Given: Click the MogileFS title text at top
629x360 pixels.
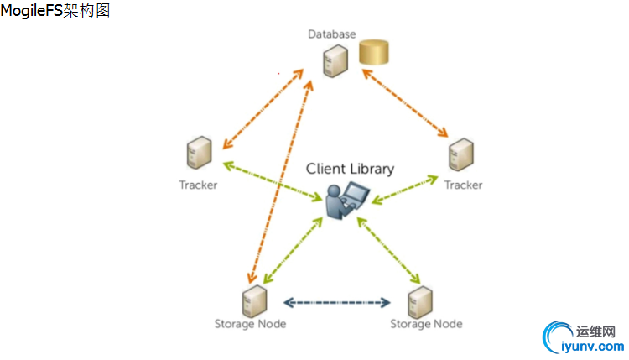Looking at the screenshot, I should [x=55, y=11].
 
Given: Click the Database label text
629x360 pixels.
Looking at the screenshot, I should [x=331, y=34].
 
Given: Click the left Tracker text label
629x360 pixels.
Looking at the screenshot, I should [x=198, y=185].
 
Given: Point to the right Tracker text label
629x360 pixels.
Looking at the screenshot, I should [x=463, y=185].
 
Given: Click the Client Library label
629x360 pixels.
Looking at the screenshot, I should [x=350, y=169].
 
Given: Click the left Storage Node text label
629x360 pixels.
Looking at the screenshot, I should [x=250, y=324].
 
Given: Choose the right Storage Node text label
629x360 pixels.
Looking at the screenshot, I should [x=426, y=324].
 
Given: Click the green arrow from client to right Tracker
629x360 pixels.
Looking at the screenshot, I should [x=405, y=188].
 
